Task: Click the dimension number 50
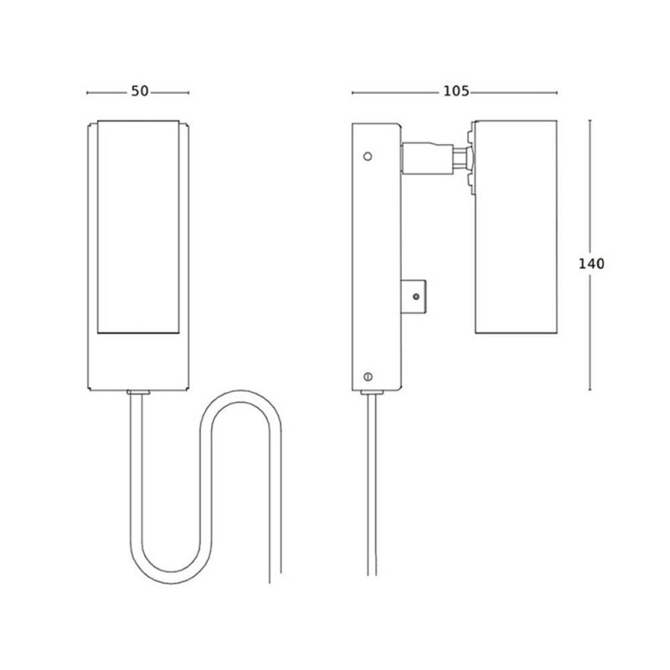(139, 91)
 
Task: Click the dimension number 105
(456, 91)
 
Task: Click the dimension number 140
(591, 263)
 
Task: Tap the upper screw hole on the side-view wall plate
(366, 156)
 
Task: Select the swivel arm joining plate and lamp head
(431, 157)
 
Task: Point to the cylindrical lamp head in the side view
(515, 226)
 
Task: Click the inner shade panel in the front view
(139, 226)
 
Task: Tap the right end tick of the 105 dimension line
(556, 92)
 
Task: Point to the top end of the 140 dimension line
(591, 121)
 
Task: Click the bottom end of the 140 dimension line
(591, 390)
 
